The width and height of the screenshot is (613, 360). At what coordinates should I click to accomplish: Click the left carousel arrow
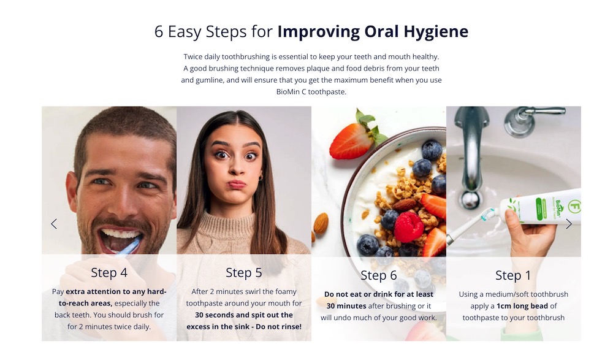click(x=54, y=224)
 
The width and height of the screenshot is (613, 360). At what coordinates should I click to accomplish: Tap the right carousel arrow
click(x=569, y=224)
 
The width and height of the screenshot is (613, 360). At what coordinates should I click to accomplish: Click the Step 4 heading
click(x=109, y=272)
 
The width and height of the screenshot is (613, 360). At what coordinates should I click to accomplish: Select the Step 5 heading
click(x=244, y=273)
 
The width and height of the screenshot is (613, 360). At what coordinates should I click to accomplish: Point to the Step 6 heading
click(x=378, y=275)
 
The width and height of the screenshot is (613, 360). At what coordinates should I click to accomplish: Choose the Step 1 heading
click(x=513, y=275)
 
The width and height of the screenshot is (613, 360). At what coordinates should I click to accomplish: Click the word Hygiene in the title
click(x=436, y=32)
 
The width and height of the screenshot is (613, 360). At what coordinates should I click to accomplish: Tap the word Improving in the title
click(x=319, y=32)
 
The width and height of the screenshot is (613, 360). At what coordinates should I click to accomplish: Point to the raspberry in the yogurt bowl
click(x=408, y=226)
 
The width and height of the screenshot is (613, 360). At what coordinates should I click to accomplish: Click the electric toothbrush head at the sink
click(x=489, y=213)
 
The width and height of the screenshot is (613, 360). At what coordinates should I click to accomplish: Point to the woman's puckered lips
click(x=237, y=184)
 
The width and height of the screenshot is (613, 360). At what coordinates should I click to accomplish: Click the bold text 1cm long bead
click(x=522, y=306)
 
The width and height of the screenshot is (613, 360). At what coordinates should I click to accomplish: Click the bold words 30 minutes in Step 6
click(x=346, y=306)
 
